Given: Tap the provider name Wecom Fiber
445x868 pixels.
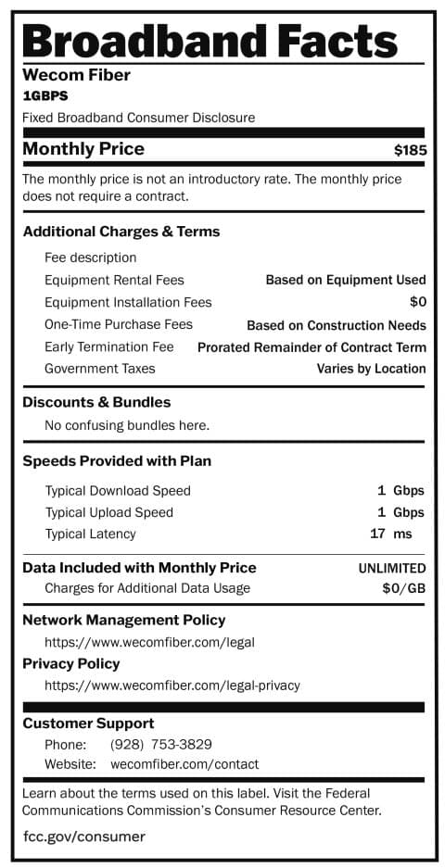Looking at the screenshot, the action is pyautogui.click(x=76, y=75).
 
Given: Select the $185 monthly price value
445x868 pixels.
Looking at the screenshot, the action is pyautogui.click(x=410, y=150).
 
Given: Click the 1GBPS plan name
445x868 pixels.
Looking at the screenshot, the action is pyautogui.click(x=45, y=95).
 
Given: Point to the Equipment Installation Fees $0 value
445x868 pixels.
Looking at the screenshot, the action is pyautogui.click(x=417, y=302).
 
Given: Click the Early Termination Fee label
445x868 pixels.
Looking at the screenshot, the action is pyautogui.click(x=108, y=346).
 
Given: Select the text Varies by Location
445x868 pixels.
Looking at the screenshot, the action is pyautogui.click(x=371, y=369).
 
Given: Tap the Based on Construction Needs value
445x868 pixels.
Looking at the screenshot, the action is pyautogui.click(x=336, y=325).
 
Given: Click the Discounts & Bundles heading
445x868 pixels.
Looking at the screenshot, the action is pyautogui.click(x=96, y=402).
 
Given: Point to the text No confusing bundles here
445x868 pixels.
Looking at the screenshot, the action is pyautogui.click(x=127, y=425).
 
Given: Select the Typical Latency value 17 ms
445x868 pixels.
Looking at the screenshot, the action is pyautogui.click(x=390, y=534).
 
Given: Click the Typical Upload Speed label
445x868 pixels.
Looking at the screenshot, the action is pyautogui.click(x=108, y=512).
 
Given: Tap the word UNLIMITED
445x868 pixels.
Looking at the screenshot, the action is pyautogui.click(x=391, y=568).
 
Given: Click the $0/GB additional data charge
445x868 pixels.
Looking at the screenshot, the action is pyautogui.click(x=403, y=588).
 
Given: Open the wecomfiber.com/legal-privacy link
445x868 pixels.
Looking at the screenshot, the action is pyautogui.click(x=172, y=686).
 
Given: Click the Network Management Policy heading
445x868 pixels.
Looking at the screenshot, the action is pyautogui.click(x=123, y=620).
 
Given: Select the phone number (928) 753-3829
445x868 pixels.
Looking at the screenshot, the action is pyautogui.click(x=160, y=744).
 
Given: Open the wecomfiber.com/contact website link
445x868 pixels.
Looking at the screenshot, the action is pyautogui.click(x=184, y=764).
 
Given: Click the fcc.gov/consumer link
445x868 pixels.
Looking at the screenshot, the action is pyautogui.click(x=83, y=837).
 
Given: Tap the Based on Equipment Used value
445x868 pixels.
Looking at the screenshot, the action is pyautogui.click(x=346, y=280).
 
